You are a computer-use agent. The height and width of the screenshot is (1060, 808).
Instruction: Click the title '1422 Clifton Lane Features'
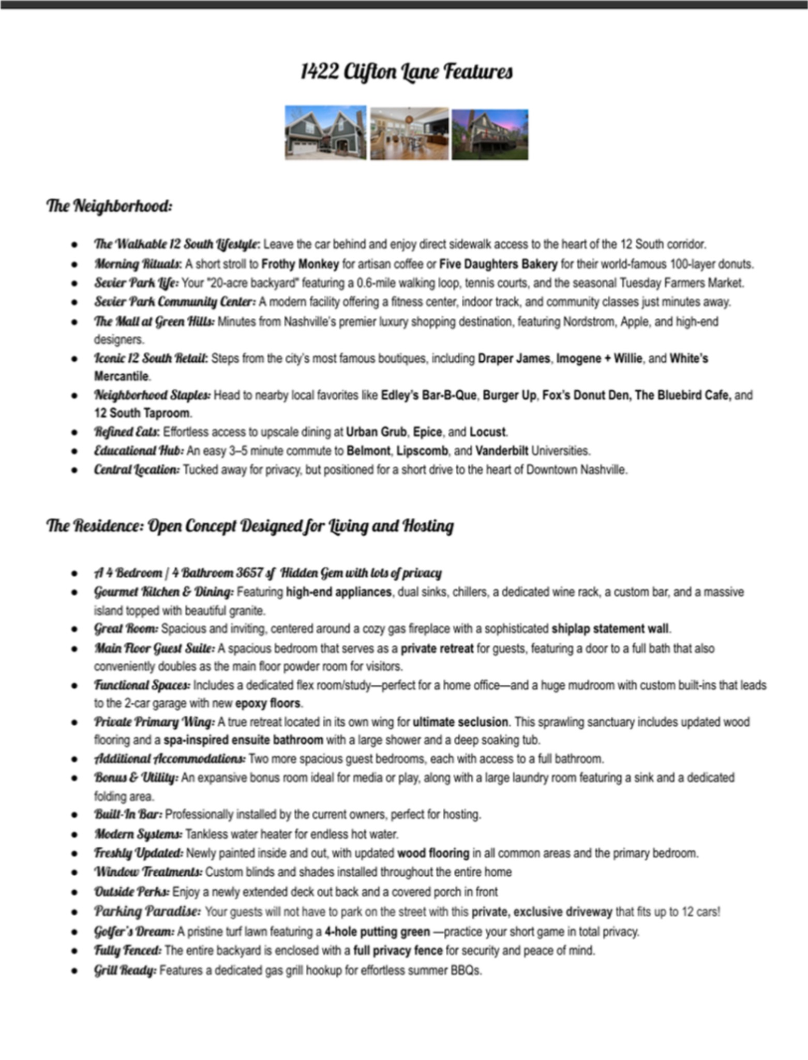tap(407, 71)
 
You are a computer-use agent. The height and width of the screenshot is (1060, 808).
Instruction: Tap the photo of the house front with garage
tap(325, 132)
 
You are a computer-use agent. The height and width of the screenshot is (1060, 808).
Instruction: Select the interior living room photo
tap(409, 134)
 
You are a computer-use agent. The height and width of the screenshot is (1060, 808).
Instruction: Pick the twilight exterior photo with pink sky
tap(490, 134)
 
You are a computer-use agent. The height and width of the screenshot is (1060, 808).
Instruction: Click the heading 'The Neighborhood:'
tap(109, 206)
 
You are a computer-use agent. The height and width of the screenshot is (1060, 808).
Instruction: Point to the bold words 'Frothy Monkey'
tap(300, 264)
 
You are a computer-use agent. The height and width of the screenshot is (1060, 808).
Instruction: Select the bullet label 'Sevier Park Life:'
tap(136, 283)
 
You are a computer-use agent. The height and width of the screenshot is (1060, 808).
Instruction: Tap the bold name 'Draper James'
tap(514, 358)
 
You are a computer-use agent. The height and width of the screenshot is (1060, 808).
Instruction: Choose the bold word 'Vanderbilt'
tap(502, 450)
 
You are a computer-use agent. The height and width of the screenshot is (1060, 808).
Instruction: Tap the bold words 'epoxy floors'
tap(267, 703)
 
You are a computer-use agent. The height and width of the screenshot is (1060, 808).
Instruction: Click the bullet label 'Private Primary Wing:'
tap(154, 722)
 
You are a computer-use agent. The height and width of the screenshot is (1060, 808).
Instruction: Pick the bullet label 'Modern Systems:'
tap(138, 834)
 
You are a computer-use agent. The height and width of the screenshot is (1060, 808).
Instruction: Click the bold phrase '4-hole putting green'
tap(377, 932)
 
